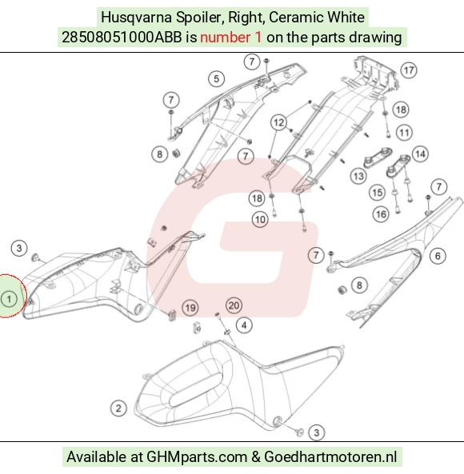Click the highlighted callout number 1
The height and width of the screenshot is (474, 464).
(x=9, y=299)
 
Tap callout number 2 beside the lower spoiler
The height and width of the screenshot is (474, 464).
(x=118, y=408)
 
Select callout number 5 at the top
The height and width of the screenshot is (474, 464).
(x=216, y=79)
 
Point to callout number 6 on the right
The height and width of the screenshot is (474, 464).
(x=438, y=256)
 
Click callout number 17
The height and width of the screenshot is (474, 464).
(x=409, y=70)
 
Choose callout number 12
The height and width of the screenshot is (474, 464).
(x=278, y=122)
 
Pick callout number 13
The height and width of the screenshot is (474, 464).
(x=358, y=176)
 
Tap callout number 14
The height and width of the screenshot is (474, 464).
(x=420, y=154)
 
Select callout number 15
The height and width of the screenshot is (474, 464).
(x=377, y=193)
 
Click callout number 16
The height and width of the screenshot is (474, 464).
(x=381, y=214)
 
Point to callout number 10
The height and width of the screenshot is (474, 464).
(x=260, y=220)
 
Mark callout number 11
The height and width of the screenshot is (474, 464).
(x=405, y=133)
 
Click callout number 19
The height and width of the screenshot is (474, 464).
(x=190, y=308)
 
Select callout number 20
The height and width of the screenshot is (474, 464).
(x=234, y=305)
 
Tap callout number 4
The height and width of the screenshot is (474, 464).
(x=244, y=325)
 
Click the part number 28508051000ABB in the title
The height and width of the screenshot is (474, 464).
(x=122, y=38)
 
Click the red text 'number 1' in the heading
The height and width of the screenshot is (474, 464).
(x=230, y=38)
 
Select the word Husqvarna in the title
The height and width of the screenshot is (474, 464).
(x=137, y=18)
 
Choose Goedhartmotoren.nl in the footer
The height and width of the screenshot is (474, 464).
(x=330, y=456)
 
